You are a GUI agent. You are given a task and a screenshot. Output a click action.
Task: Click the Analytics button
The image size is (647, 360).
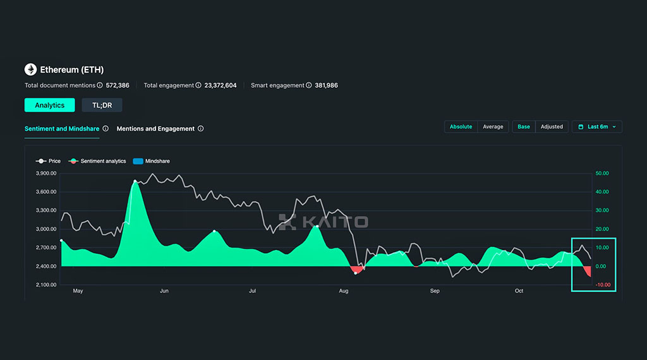49,105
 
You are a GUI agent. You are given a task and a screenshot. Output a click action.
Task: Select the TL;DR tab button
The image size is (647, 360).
102,105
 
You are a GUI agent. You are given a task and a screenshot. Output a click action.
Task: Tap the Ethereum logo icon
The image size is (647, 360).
30,69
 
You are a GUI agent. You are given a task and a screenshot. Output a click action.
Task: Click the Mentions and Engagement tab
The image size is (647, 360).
155,129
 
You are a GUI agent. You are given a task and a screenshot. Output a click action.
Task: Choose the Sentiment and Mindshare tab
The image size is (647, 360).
62,129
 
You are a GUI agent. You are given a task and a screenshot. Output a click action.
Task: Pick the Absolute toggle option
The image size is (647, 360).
461,126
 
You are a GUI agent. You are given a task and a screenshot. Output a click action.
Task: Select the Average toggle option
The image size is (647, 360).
493,126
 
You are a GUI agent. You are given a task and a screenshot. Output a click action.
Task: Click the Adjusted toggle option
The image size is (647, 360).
552,126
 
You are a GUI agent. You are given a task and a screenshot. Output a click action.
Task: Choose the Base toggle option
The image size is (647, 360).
524,126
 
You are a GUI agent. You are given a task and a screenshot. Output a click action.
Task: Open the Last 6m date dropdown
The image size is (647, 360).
597,126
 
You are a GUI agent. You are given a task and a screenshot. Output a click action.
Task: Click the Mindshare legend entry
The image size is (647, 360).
152,161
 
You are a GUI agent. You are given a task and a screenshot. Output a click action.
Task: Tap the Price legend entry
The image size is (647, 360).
48,161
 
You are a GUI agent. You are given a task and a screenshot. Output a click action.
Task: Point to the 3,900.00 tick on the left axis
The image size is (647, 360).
46,173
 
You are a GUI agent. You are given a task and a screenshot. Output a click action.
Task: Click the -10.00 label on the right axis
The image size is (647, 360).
603,285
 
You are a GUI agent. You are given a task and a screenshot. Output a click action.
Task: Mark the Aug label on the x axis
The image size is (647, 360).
344,291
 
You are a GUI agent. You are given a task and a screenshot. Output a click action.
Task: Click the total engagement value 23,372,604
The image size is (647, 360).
221,85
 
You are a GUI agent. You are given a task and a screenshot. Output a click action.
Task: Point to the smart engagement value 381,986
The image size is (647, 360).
327,85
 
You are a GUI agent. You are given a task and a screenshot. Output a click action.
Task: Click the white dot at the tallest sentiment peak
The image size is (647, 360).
135,181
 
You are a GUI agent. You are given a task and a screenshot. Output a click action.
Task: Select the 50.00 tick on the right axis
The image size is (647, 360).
602,173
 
